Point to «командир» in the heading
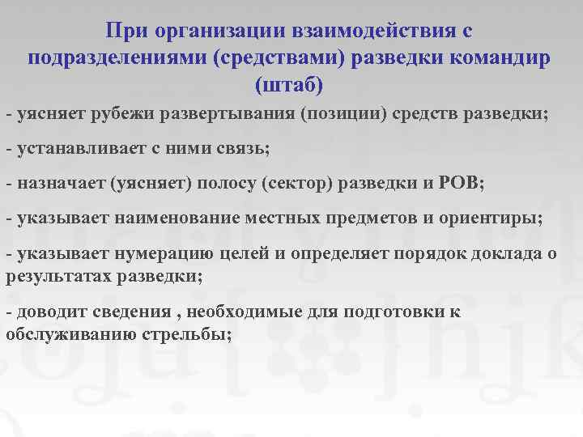(x=503, y=57)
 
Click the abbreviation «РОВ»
(x=460, y=184)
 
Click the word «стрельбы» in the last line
(x=197, y=334)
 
